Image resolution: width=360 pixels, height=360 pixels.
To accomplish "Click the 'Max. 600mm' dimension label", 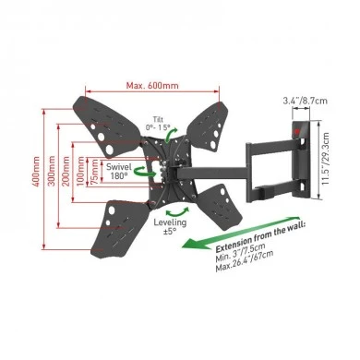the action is (152, 85).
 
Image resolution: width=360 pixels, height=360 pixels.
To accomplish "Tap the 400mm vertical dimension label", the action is (36, 172).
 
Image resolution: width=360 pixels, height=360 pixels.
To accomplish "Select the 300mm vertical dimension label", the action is (52, 171).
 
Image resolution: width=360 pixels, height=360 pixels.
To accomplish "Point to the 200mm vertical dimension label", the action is (66, 171).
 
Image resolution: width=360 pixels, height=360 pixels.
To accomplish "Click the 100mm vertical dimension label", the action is (80, 172).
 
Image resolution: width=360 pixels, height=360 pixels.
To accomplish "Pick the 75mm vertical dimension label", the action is (95, 172).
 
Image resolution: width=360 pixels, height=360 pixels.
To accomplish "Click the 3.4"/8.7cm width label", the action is (305, 101).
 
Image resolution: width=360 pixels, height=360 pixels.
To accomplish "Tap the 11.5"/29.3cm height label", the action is (325, 159).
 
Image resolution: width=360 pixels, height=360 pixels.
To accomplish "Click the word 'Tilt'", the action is (158, 119).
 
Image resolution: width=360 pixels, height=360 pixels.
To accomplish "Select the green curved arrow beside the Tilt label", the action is (170, 136).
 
